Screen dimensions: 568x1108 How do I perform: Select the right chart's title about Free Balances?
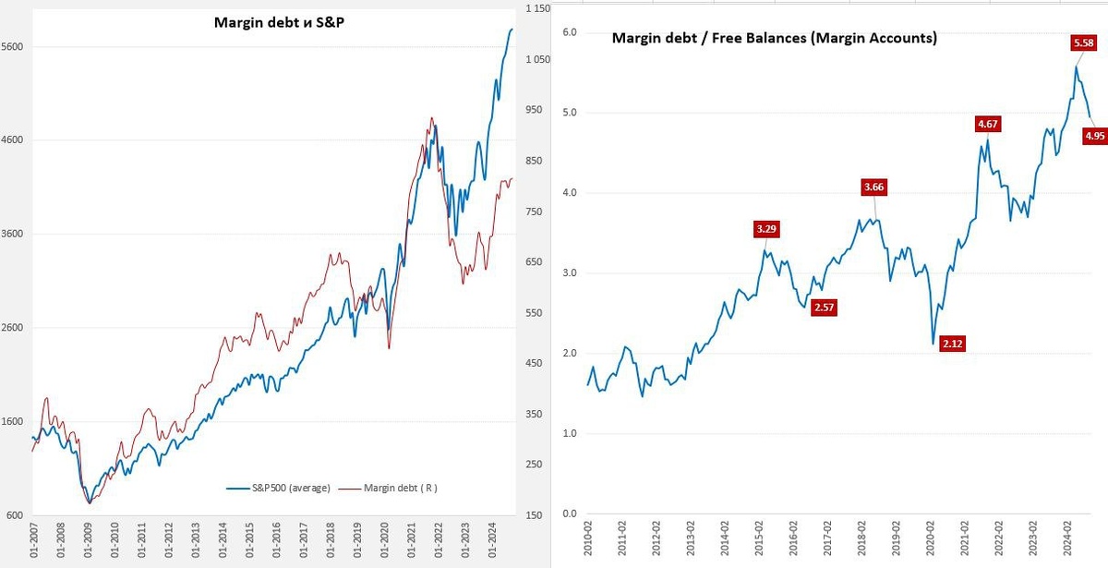tap(775, 39)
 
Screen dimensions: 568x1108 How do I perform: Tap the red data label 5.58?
tap(1083, 42)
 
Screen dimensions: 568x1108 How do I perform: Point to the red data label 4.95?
tap(1095, 136)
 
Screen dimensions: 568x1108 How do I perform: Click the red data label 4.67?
tap(988, 123)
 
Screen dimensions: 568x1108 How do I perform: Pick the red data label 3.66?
tap(873, 187)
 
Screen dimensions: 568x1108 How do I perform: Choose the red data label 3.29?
tap(765, 228)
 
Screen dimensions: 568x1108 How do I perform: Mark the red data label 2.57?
tap(824, 308)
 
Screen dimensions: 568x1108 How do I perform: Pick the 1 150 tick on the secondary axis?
tap(536, 8)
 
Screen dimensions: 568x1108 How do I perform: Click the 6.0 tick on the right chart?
tap(570, 32)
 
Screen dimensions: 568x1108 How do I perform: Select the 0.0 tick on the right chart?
tap(570, 514)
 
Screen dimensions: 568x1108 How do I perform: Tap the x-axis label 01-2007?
tap(34, 539)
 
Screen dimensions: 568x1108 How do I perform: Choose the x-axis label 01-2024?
tap(495, 539)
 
